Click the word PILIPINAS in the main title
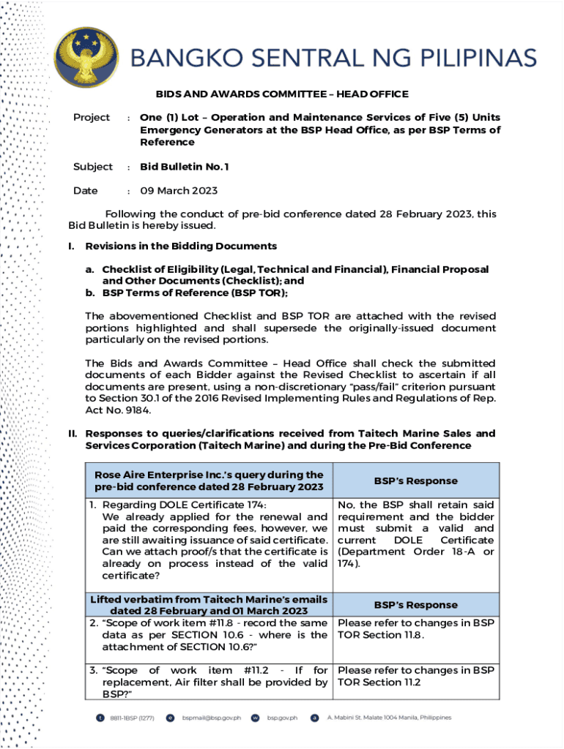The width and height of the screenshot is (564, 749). click(x=470, y=58)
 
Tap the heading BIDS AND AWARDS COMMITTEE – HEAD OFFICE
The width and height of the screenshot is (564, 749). click(x=282, y=94)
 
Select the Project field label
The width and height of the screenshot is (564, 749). click(x=92, y=118)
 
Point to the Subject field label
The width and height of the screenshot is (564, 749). click(x=93, y=167)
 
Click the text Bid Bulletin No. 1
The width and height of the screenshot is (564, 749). click(x=185, y=167)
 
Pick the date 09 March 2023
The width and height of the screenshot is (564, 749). click(x=179, y=191)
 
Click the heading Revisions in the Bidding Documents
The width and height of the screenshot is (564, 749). click(x=181, y=246)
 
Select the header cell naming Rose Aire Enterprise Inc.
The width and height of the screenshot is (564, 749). click(x=209, y=481)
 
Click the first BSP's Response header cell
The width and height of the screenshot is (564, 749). click(x=416, y=481)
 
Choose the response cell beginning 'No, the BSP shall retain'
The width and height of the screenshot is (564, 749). click(x=416, y=534)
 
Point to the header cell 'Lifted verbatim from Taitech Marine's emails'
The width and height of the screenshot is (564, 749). click(x=209, y=605)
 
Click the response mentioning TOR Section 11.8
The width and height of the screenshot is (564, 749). click(x=416, y=629)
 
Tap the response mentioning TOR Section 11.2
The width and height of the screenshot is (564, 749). click(x=416, y=676)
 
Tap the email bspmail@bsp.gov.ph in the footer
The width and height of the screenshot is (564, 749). click(x=212, y=718)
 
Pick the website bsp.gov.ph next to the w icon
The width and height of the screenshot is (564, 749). click(x=283, y=718)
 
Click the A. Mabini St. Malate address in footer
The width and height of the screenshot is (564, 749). click(x=389, y=718)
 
